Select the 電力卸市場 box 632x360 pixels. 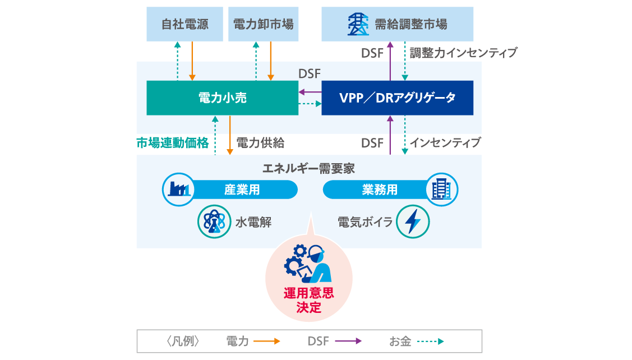pyautogui.click(x=263, y=24)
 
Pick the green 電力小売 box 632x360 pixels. pyautogui.click(x=222, y=98)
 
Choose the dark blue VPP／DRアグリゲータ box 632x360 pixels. pyautogui.click(x=397, y=98)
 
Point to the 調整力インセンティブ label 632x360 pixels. pyautogui.click(x=463, y=53)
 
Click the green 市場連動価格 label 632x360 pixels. pyautogui.click(x=173, y=143)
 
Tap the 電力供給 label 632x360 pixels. pyautogui.click(x=260, y=143)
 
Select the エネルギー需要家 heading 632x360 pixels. pyautogui.click(x=309, y=168)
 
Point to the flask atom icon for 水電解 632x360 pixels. pyautogui.click(x=213, y=222)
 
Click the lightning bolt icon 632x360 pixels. pyautogui.click(x=413, y=222)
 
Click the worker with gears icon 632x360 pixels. pyautogui.click(x=308, y=264)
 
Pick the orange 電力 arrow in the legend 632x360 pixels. pyautogui.click(x=266, y=341)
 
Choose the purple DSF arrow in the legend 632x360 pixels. pyautogui.click(x=348, y=341)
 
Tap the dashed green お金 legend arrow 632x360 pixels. pyautogui.click(x=431, y=341)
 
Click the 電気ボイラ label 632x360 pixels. pyautogui.click(x=365, y=222)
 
